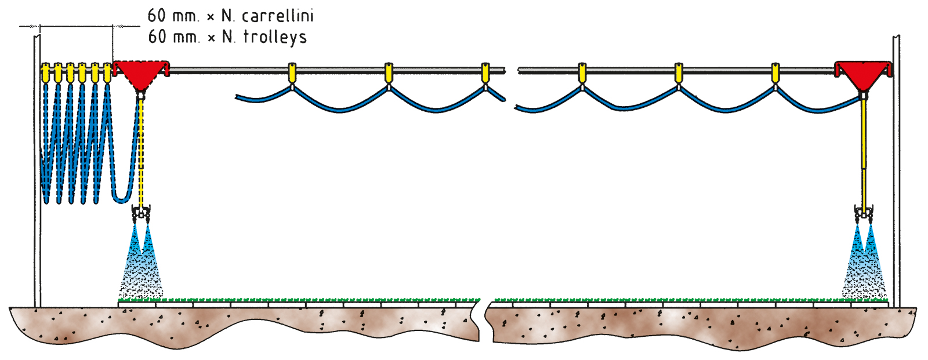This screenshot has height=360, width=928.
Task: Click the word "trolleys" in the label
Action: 274,37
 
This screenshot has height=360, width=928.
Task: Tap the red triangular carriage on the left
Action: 140,73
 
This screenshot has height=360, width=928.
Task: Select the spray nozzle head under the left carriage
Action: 141,214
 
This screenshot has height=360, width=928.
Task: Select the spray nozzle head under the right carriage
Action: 864,214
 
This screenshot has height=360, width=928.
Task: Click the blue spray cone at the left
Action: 141,261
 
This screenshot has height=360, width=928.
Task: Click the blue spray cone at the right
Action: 864,261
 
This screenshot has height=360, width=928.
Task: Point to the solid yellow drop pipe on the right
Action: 864,151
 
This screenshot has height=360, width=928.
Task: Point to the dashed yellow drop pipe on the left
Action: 141,151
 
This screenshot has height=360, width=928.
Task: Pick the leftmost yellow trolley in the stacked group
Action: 45,72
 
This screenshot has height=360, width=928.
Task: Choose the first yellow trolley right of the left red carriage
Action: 292,73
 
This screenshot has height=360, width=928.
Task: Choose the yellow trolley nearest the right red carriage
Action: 775,73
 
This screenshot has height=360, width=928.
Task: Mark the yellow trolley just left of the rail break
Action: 485,73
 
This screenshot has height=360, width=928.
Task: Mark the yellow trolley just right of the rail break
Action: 582,73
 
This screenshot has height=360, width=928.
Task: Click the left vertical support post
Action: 37,174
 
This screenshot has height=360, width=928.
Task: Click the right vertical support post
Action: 896,174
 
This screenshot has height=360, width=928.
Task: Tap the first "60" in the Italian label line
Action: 157,16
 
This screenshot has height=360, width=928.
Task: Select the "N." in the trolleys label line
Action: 229,37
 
